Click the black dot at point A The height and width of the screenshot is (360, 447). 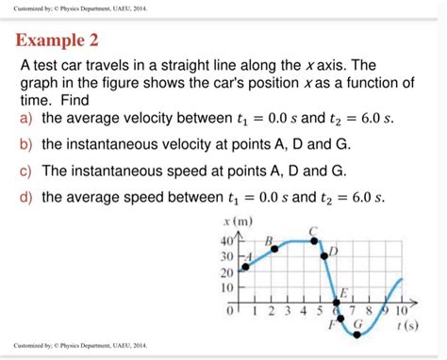(x=245, y=267)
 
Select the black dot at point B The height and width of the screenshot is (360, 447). (x=274, y=249)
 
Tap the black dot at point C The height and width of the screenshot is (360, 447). (x=312, y=240)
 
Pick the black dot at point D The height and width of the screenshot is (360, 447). (x=323, y=255)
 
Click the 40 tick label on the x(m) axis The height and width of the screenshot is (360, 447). (x=225, y=240)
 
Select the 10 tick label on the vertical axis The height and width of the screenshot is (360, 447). (x=225, y=286)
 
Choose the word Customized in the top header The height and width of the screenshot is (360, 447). (x=30, y=8)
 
